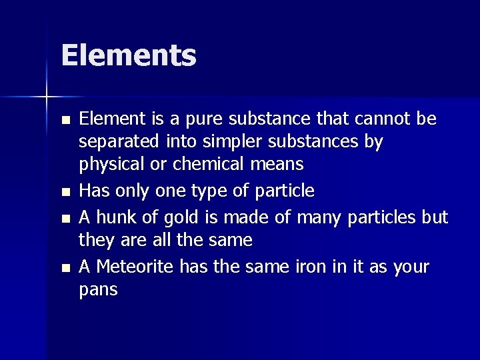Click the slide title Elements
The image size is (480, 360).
tap(129, 55)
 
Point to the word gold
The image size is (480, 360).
tap(179, 218)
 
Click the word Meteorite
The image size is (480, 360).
tap(135, 267)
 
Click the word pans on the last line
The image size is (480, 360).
tap(98, 290)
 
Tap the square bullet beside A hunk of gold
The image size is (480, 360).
tap(64, 219)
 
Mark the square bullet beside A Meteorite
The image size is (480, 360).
tap(64, 268)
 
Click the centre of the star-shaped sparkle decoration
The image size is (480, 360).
tap(47, 97)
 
